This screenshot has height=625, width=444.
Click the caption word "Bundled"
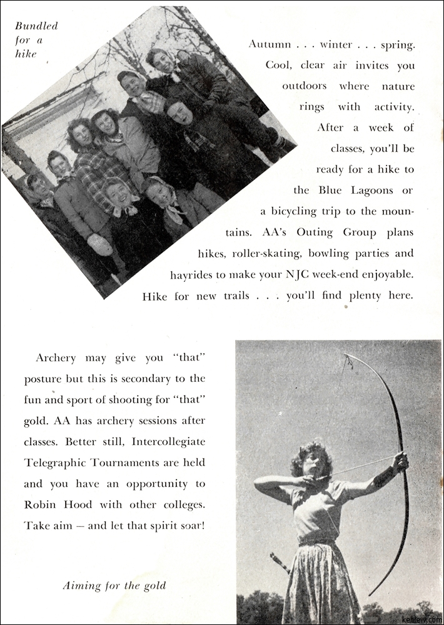coord(36,26)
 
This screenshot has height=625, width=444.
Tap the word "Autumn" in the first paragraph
coord(269,44)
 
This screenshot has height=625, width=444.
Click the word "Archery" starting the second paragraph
coord(56,358)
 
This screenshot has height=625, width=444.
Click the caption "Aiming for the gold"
coord(114,586)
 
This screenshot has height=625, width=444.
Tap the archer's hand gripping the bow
coord(399,462)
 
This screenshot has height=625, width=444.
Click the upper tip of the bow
coord(345,356)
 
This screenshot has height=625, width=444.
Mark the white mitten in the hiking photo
coord(101,244)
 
